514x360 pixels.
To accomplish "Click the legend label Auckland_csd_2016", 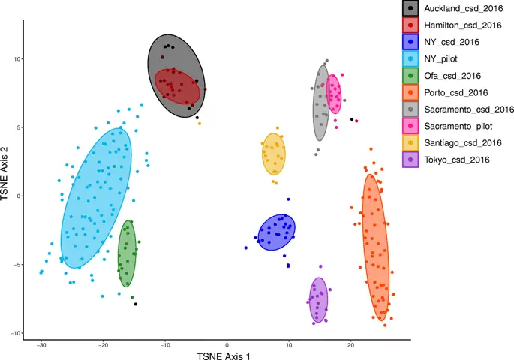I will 458,8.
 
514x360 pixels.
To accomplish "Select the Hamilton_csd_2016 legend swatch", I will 410,25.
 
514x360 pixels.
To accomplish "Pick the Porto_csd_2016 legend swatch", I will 410,92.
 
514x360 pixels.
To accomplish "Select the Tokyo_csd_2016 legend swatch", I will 410,159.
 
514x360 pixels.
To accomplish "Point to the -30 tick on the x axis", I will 41,345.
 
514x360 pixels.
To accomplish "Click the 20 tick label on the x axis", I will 350,345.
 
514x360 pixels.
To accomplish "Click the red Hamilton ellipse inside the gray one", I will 178,88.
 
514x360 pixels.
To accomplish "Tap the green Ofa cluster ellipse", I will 127,253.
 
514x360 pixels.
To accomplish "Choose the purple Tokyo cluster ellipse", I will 319,300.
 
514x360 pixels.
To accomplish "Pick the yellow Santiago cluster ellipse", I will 274,154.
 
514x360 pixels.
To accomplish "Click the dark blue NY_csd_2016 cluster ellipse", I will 277,232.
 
